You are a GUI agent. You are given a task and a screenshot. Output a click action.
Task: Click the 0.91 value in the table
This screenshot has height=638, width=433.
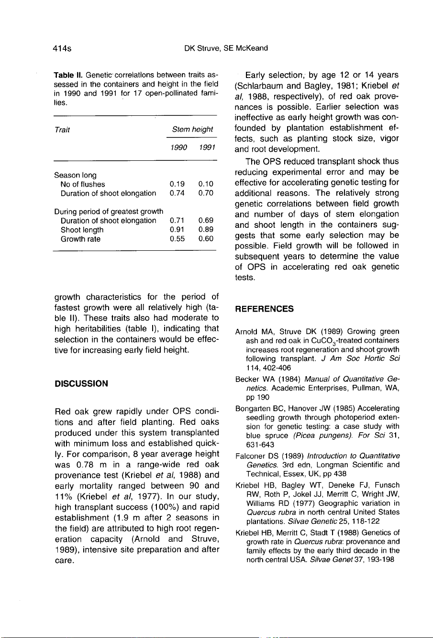(x=178, y=230)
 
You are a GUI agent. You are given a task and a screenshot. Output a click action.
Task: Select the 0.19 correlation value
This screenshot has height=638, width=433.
(x=178, y=184)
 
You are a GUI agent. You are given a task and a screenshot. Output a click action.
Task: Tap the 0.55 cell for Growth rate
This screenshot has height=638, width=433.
(x=178, y=239)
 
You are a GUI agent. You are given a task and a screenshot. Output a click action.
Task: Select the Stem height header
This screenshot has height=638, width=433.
(x=192, y=129)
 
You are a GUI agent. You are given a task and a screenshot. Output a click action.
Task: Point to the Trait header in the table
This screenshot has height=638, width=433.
(x=61, y=129)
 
